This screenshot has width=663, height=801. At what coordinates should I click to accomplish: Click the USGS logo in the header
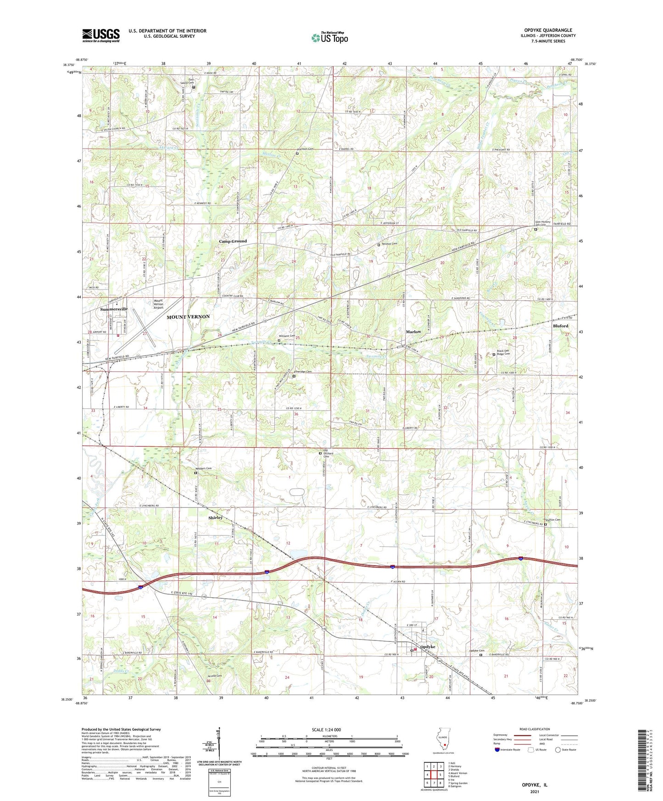point(101,35)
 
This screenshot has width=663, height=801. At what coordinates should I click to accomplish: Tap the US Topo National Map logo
point(329,38)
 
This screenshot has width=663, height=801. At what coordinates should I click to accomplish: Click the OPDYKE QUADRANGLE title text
point(551,30)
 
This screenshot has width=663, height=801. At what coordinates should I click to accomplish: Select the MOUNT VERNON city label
point(188,317)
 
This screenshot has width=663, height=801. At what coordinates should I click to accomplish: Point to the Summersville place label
point(114,309)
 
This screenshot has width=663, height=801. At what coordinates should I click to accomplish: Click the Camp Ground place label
point(233,241)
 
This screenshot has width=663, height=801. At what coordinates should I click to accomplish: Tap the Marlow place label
point(413,332)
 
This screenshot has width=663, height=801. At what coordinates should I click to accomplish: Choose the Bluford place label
point(560,326)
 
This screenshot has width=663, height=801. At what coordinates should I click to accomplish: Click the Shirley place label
point(215,517)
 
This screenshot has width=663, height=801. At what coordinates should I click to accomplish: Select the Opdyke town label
point(427,646)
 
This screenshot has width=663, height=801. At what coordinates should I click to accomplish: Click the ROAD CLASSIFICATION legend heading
point(535,729)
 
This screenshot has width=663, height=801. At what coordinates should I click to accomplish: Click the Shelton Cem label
point(553,520)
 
